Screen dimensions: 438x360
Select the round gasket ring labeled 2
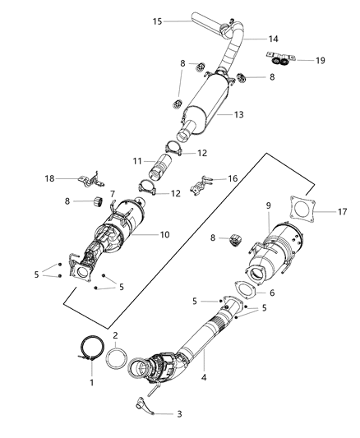[x=118, y=358]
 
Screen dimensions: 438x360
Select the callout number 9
[x=267, y=205]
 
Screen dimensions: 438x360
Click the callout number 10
[x=164, y=234]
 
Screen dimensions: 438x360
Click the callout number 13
[x=238, y=114]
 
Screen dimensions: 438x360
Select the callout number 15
[x=156, y=21]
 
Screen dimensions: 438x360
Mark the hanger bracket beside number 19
[x=279, y=58]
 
